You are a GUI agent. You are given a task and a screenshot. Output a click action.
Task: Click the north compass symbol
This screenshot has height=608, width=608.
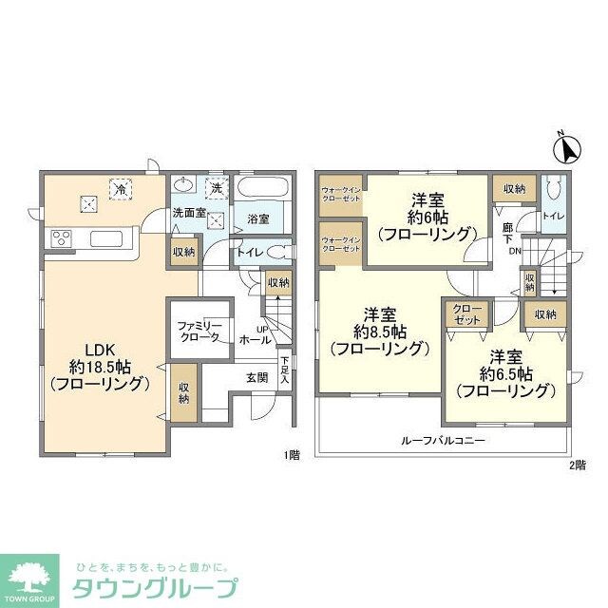[568, 149]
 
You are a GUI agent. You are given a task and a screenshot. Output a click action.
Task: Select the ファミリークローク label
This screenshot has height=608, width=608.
[199, 332]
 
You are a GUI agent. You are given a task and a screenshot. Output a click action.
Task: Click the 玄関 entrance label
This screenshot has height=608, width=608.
[257, 377]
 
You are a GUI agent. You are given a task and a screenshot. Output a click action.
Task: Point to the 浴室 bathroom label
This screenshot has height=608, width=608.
[258, 218]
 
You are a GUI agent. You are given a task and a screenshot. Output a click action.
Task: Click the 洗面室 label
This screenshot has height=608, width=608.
[189, 213]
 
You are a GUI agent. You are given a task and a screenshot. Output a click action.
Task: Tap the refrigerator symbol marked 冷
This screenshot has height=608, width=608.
[122, 189]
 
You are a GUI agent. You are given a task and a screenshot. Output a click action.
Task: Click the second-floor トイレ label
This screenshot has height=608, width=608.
[554, 216]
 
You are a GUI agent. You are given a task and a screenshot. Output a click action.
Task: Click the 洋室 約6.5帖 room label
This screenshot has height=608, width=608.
[504, 373]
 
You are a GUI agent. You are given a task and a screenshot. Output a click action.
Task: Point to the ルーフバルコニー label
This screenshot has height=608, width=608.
[444, 441]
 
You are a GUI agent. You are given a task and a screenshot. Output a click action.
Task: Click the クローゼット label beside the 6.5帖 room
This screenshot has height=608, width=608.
[465, 315]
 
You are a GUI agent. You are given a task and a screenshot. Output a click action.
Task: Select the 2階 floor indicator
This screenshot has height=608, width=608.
[578, 464]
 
